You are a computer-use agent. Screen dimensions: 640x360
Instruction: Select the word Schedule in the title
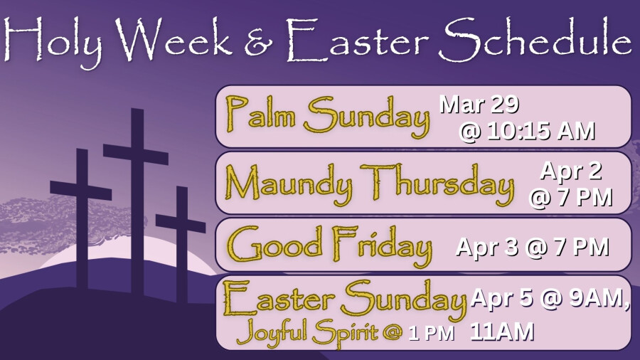pos(535,40)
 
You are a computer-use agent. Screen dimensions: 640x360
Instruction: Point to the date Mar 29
pos(479,105)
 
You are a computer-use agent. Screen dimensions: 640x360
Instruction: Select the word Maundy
pos(288,184)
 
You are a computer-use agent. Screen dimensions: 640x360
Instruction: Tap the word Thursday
pos(437,184)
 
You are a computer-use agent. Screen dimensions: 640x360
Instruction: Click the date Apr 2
pos(570,171)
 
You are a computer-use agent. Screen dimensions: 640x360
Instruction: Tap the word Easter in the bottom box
pos(278,298)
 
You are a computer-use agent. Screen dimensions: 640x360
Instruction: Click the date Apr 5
pos(502,298)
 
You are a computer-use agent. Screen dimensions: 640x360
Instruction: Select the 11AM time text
pos(502,332)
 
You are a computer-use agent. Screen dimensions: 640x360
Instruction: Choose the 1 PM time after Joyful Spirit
pos(432,334)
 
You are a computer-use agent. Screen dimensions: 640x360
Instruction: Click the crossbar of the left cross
pos(81,191)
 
